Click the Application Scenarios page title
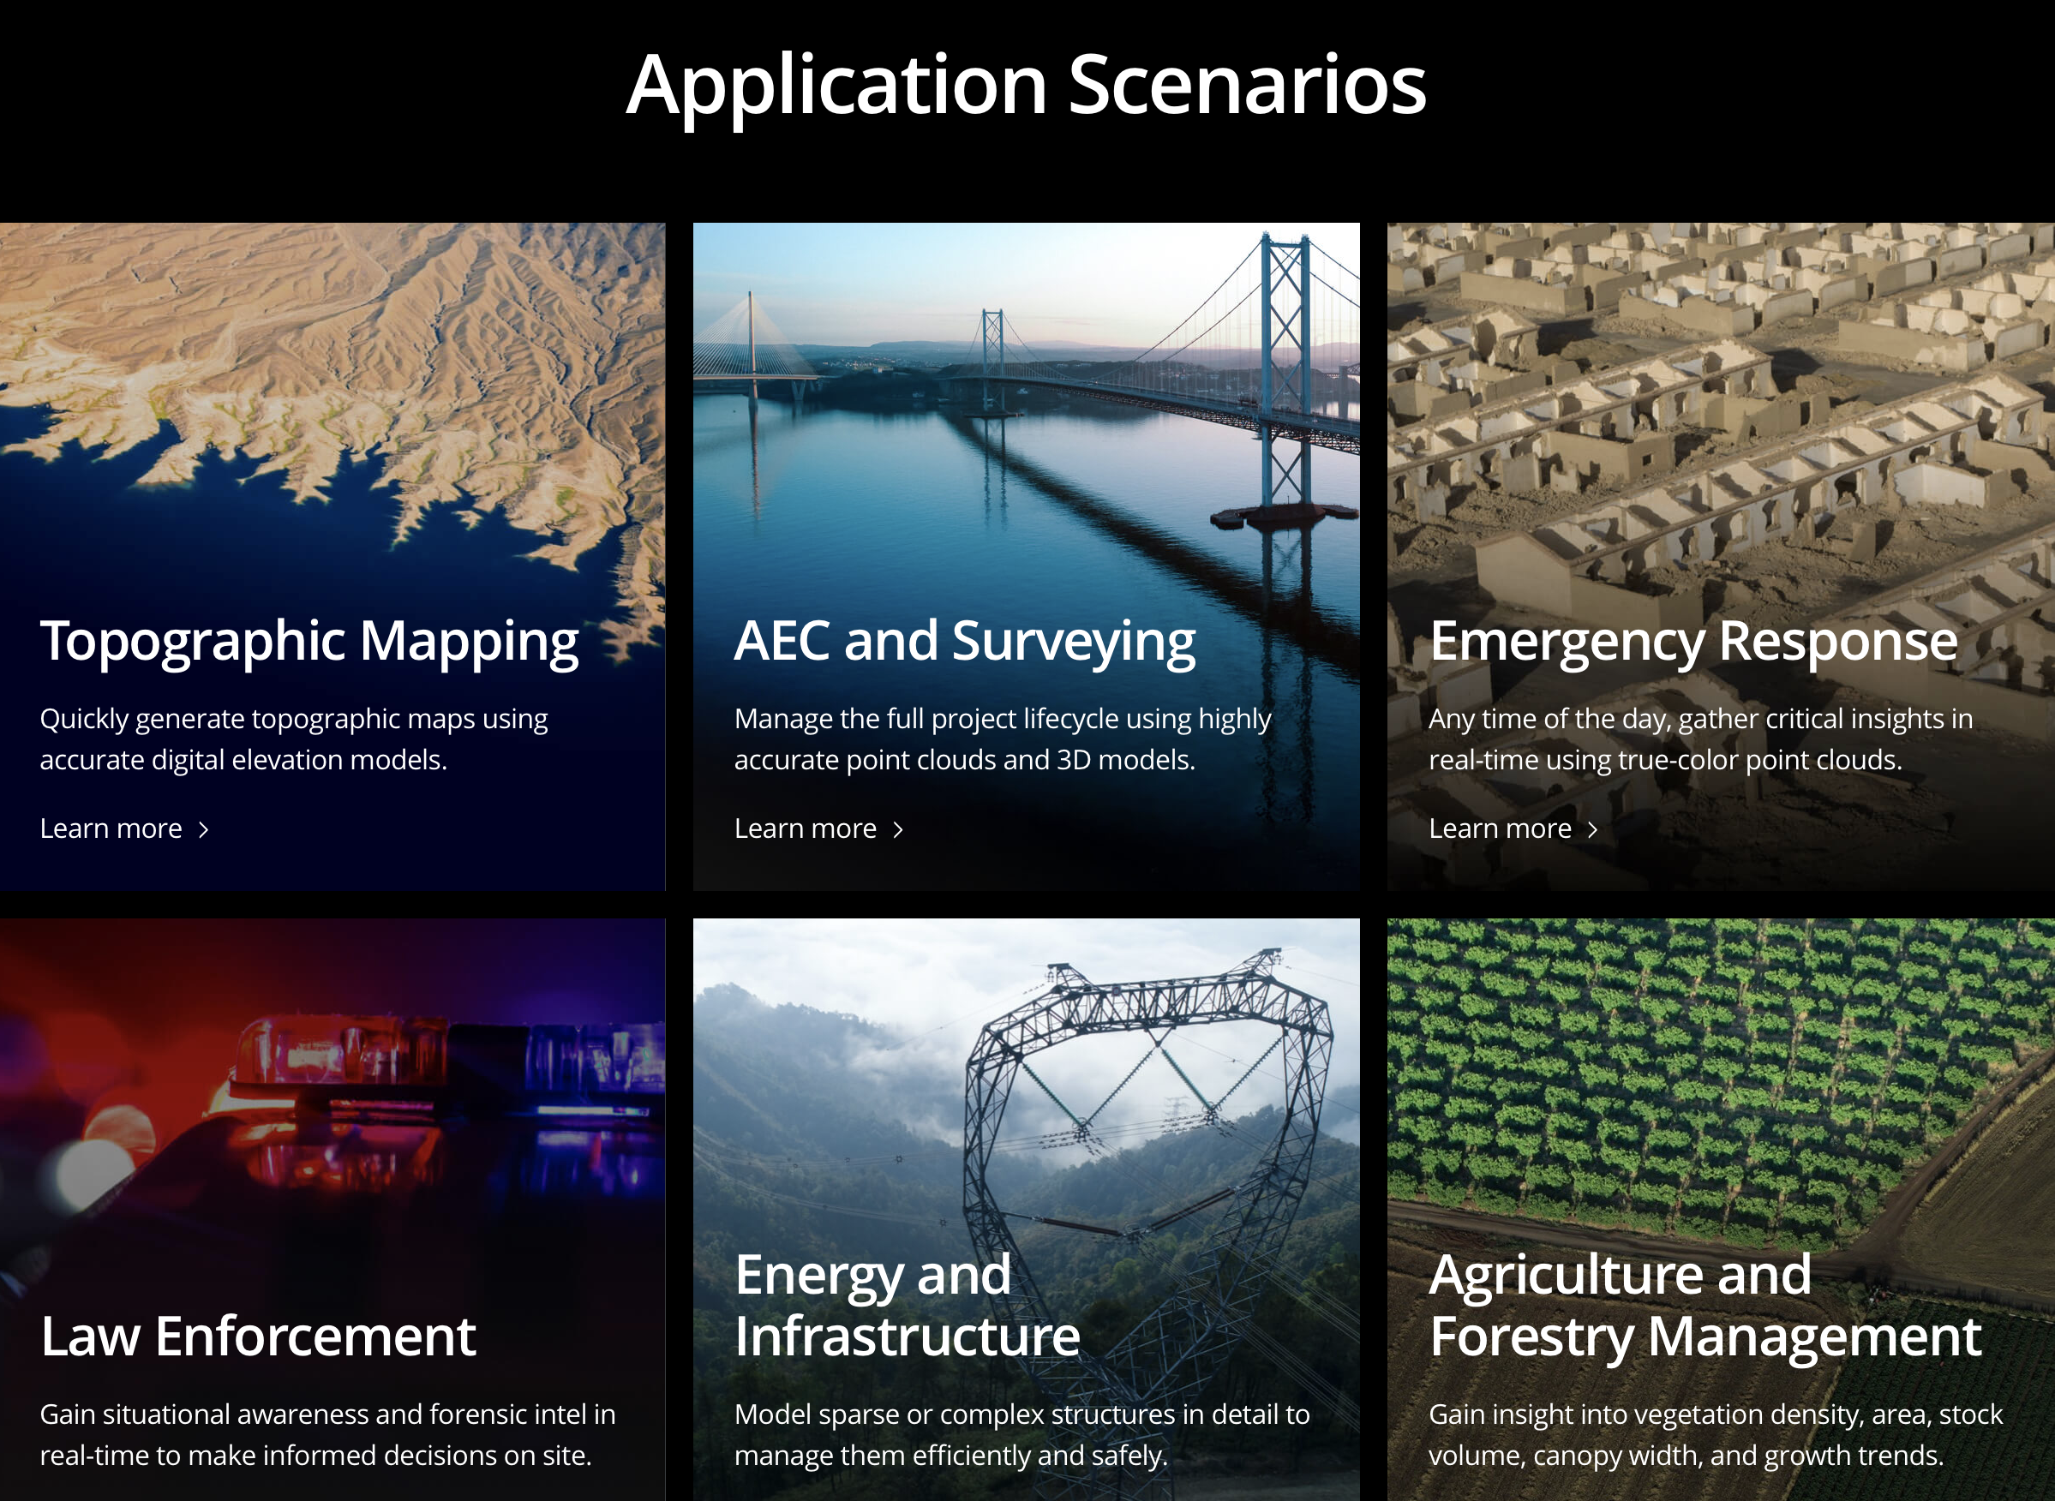pos(1026,86)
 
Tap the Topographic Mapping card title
pos(309,642)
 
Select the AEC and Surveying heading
pos(964,642)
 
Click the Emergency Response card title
pos(1693,642)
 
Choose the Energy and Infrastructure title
pos(907,1305)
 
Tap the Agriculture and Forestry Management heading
pos(1705,1307)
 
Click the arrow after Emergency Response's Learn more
pos(1592,829)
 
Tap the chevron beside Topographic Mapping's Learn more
pos(204,829)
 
